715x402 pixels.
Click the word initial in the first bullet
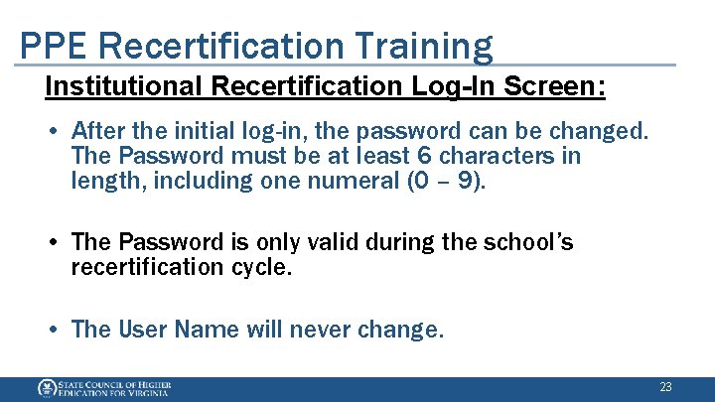point(203,131)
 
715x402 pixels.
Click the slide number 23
point(665,386)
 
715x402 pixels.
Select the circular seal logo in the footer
point(46,388)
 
